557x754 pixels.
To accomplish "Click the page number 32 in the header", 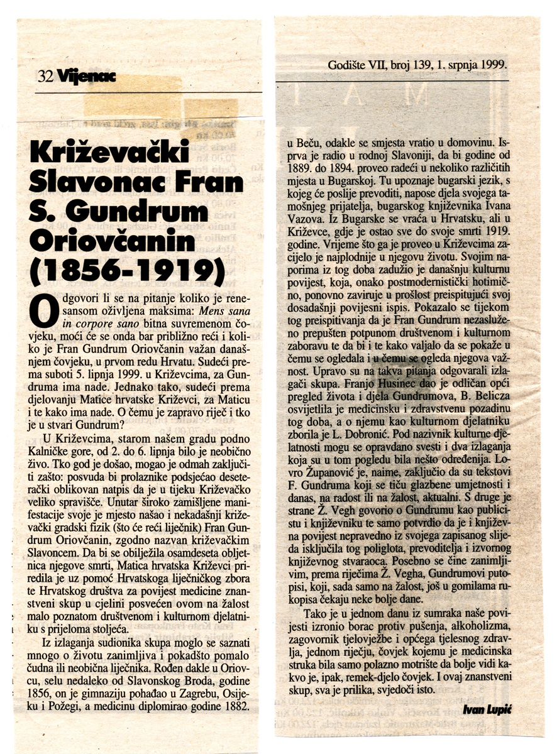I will point(45,77).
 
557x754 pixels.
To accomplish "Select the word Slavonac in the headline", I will point(91,183).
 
